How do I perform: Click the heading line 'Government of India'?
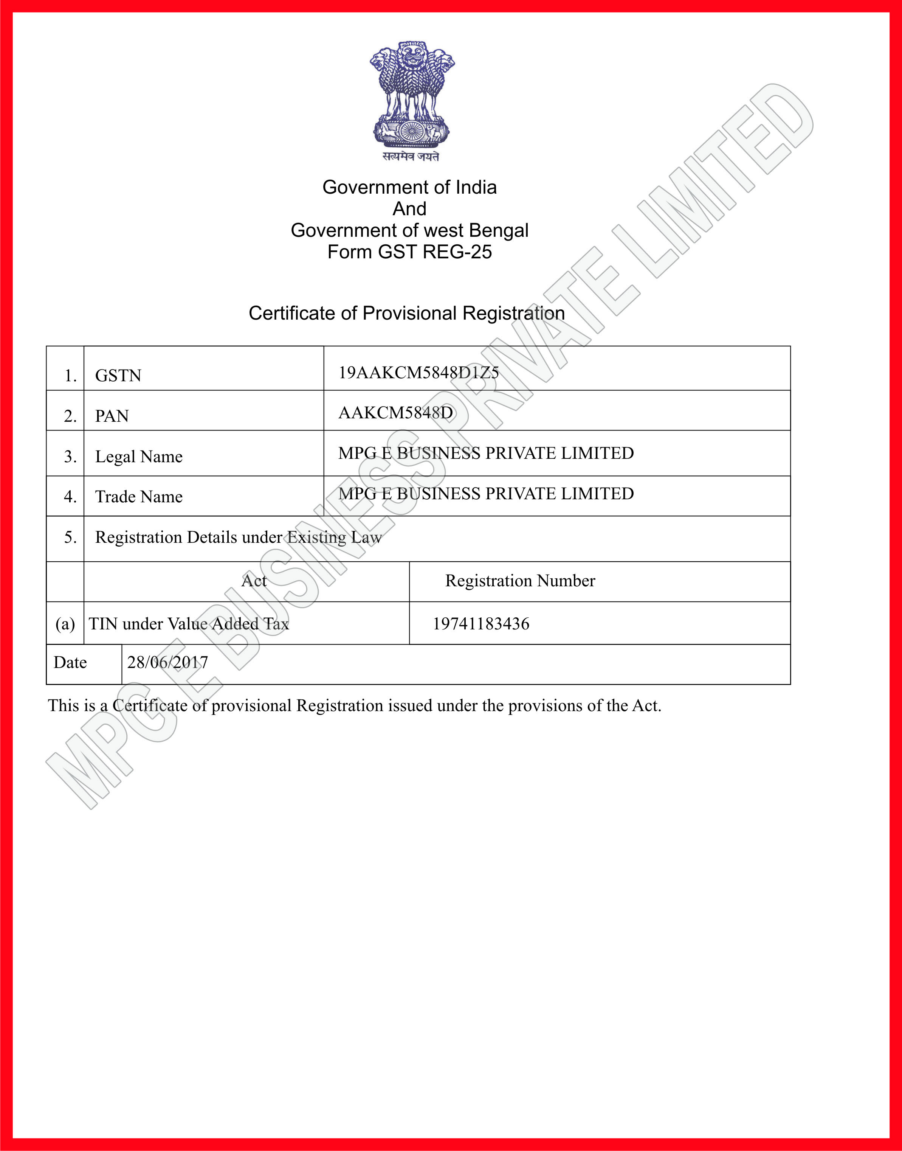click(409, 187)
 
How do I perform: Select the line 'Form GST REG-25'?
click(409, 252)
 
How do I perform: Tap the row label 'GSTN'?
click(118, 376)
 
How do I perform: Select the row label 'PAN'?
click(112, 416)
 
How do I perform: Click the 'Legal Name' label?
click(138, 457)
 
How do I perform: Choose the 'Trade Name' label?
click(138, 497)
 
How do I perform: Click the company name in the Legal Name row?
click(486, 453)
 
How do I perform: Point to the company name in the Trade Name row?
click(486, 494)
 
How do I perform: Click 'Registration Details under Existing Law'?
click(238, 537)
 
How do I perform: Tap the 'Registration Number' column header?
click(520, 581)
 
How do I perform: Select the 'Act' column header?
click(254, 581)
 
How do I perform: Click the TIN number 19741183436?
click(480, 624)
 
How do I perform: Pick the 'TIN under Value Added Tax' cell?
click(189, 624)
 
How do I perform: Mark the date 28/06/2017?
click(167, 662)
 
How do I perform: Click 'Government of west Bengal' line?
click(409, 230)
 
